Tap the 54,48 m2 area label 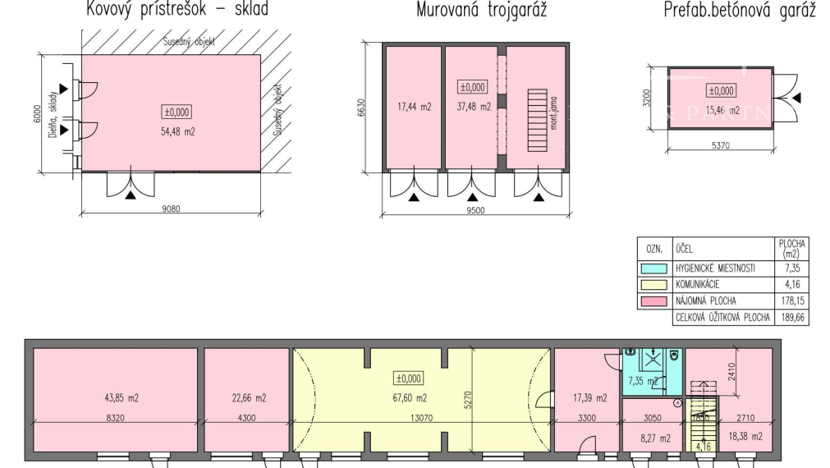(177, 131)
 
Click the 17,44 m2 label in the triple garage (414, 106)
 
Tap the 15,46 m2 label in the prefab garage (722, 110)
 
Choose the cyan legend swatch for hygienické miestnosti (654, 268)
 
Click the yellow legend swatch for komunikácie (654, 285)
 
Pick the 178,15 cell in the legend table (792, 301)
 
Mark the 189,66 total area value (792, 318)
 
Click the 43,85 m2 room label (115, 398)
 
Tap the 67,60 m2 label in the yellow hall (410, 398)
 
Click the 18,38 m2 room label (745, 437)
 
